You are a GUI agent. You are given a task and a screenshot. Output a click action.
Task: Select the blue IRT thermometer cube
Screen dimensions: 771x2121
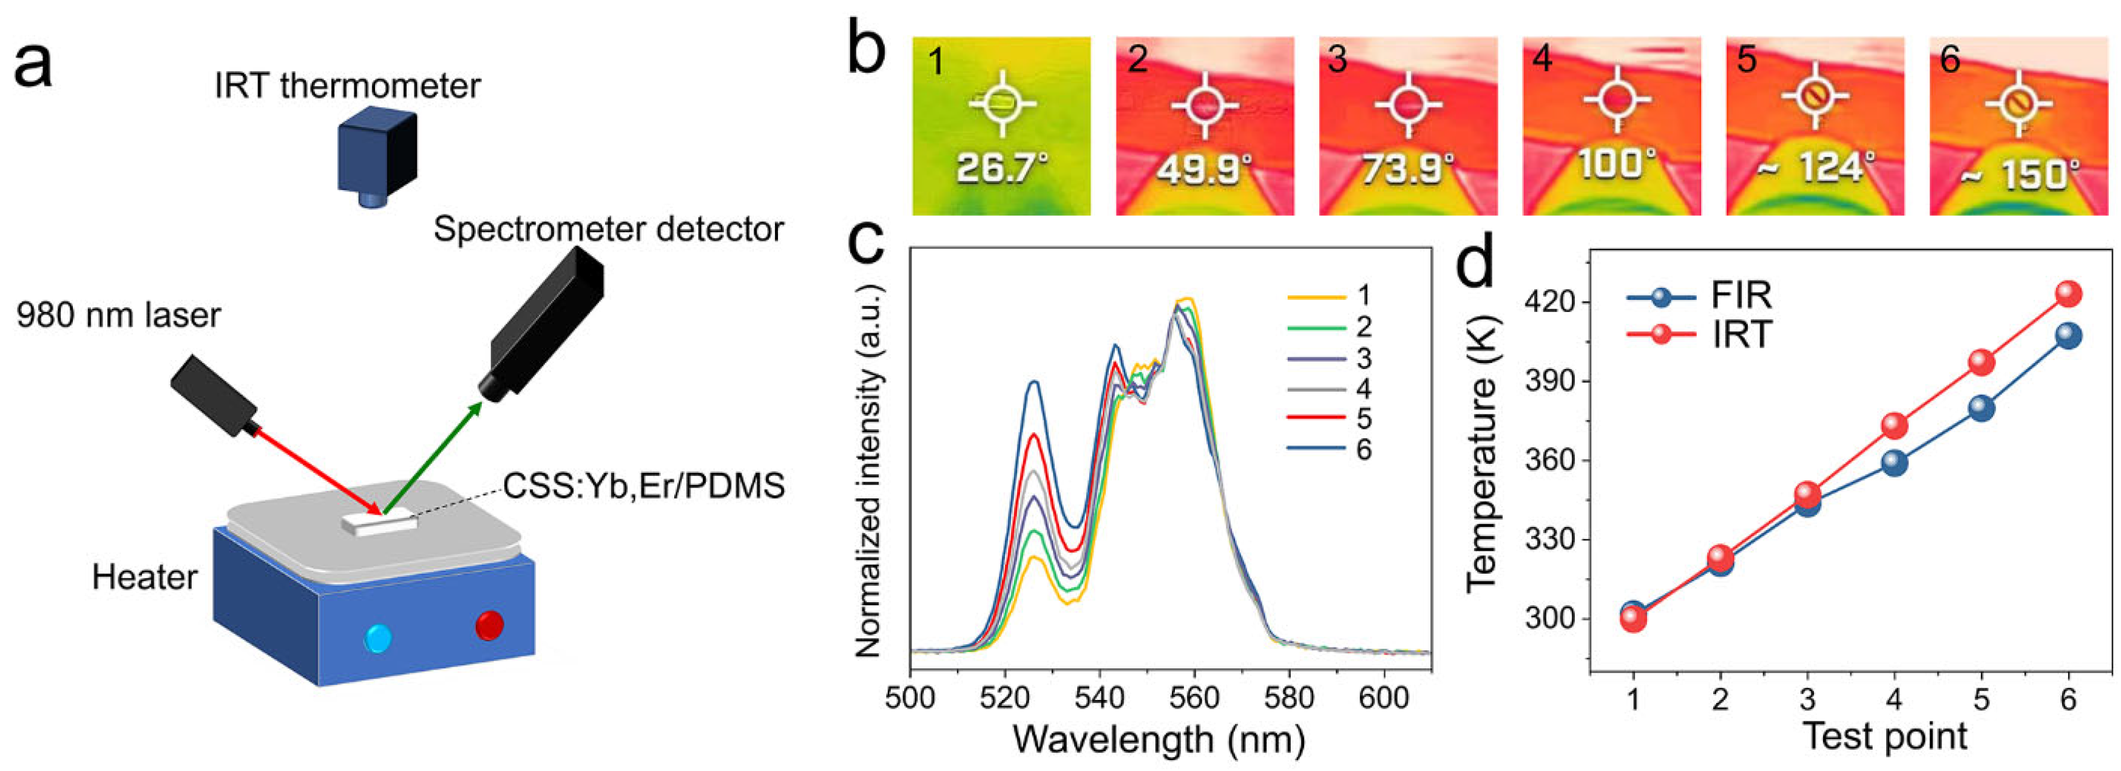[x=377, y=158]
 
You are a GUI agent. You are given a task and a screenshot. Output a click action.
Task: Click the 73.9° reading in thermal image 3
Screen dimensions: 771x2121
[x=1408, y=169]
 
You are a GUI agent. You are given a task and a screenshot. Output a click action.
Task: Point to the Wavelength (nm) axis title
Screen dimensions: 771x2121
[x=1159, y=739]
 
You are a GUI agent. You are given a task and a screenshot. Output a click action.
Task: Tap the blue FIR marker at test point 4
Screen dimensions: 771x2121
[x=1895, y=463]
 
